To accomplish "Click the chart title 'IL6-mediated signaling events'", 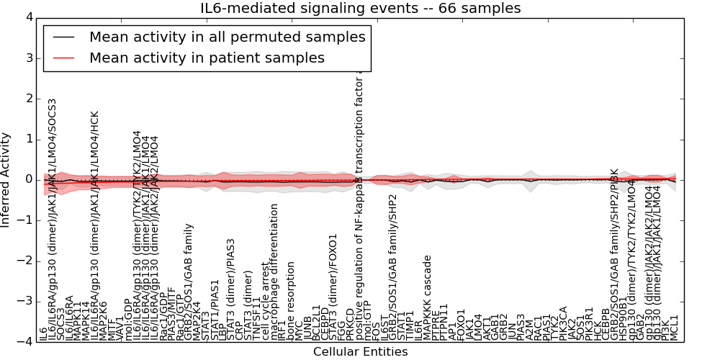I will [360, 9].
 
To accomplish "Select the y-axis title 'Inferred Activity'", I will [6, 180].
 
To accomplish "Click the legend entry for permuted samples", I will [227, 37].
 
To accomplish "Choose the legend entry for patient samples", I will [207, 58].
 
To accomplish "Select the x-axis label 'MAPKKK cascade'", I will [427, 297].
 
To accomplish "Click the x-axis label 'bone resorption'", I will [291, 300].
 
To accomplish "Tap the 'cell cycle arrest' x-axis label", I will [265, 305].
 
